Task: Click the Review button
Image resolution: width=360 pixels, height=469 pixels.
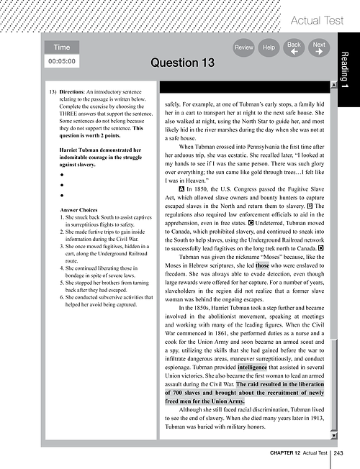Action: click(x=243, y=47)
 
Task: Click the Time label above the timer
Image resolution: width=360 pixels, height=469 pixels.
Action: click(x=62, y=47)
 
